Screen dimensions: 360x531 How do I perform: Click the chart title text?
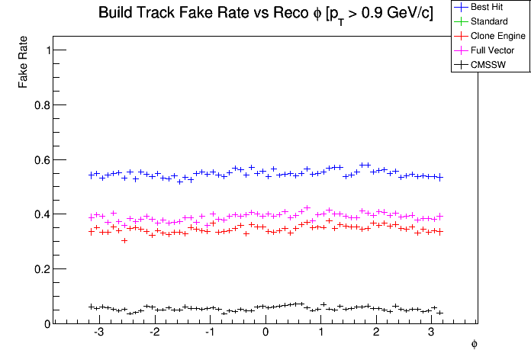(265, 14)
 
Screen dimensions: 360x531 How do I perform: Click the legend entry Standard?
(489, 21)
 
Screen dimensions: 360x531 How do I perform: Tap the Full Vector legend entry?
(493, 50)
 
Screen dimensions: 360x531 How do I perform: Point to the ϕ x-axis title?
(474, 345)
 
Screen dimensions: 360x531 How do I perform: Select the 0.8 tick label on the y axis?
(41, 105)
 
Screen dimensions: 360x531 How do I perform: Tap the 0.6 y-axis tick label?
(41, 160)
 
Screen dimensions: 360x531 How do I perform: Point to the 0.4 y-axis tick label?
(41, 214)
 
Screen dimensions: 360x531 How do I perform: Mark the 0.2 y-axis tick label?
(41, 269)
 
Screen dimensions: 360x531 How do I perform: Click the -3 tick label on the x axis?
(98, 334)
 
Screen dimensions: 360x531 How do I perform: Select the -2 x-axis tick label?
(153, 334)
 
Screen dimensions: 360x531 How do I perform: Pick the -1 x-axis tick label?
(208, 334)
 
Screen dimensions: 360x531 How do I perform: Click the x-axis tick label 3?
(432, 334)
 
